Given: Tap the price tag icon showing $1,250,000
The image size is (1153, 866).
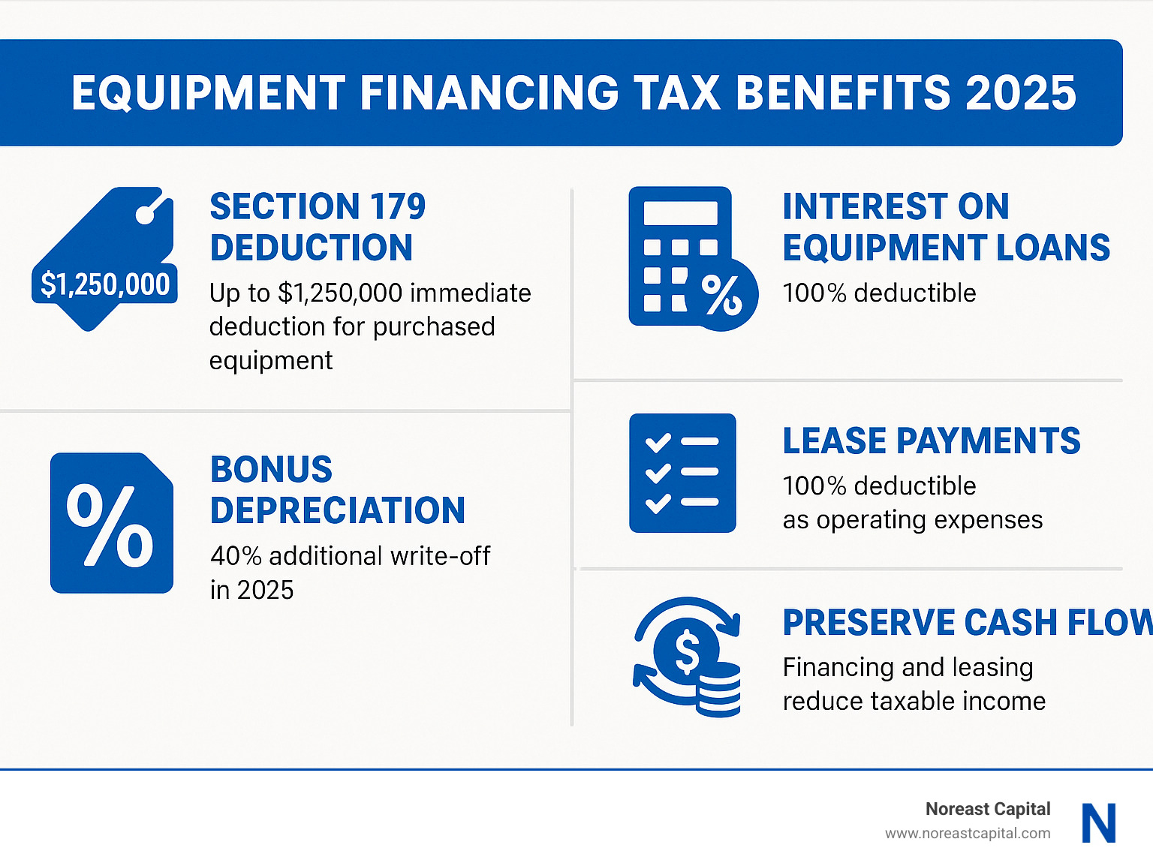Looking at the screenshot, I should pyautogui.click(x=104, y=259).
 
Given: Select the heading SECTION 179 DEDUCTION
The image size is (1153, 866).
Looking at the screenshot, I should pyautogui.click(x=318, y=227).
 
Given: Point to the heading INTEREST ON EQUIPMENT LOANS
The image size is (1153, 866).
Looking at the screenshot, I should pyautogui.click(x=946, y=227).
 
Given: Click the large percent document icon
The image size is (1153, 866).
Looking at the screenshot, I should pyautogui.click(x=112, y=523).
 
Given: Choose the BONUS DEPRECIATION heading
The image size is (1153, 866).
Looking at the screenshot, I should pyautogui.click(x=337, y=490).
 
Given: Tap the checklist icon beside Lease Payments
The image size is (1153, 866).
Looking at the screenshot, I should pyautogui.click(x=682, y=473).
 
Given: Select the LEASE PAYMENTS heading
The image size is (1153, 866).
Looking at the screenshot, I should pyautogui.click(x=931, y=441).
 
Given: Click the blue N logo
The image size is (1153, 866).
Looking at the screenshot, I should pyautogui.click(x=1098, y=823).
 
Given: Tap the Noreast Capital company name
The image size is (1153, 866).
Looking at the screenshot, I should pyautogui.click(x=987, y=809).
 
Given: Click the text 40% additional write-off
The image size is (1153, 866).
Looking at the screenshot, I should pyautogui.click(x=350, y=556).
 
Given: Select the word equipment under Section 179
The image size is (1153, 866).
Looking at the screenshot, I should pyautogui.click(x=270, y=361).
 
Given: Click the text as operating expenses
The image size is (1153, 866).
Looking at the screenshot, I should pyautogui.click(x=912, y=520).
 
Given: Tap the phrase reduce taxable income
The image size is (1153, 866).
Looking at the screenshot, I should pyautogui.click(x=914, y=702).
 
